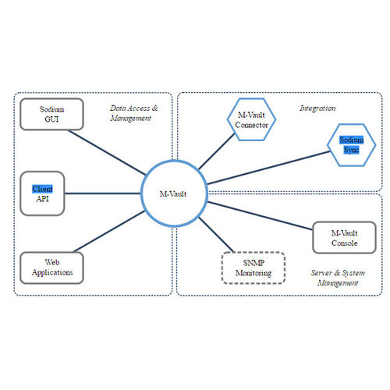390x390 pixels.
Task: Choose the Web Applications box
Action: tap(52, 268)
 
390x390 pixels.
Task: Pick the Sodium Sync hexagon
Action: tap(348, 144)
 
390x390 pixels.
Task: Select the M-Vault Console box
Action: tap(344, 237)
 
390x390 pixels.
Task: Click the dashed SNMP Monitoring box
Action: tap(253, 268)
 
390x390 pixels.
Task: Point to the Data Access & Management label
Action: tap(134, 114)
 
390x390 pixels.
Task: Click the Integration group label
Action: tap(317, 108)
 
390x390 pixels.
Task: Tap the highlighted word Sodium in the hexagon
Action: tap(348, 140)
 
